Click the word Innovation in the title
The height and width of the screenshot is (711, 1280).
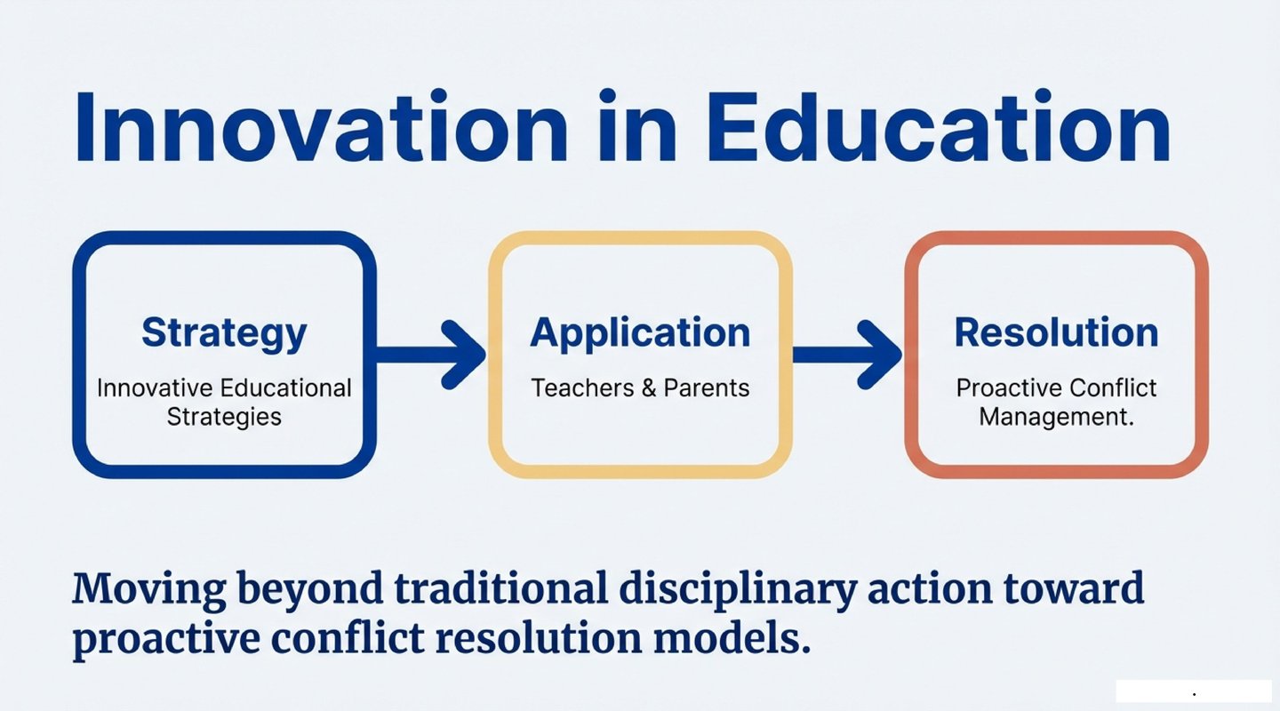[321, 127]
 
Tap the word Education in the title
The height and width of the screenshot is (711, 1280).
[940, 127]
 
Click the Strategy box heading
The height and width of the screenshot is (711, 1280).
[224, 334]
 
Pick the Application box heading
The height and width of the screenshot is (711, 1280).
[640, 334]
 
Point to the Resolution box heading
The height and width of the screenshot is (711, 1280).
[1056, 332]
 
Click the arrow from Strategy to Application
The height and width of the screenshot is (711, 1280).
[429, 355]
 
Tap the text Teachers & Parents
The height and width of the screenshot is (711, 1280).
[640, 388]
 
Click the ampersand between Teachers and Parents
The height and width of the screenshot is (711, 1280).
[649, 388]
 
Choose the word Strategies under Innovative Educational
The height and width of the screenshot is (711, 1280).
[224, 417]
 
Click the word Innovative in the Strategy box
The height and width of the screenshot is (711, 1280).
[155, 388]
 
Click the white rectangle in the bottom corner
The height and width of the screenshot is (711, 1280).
[1194, 691]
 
